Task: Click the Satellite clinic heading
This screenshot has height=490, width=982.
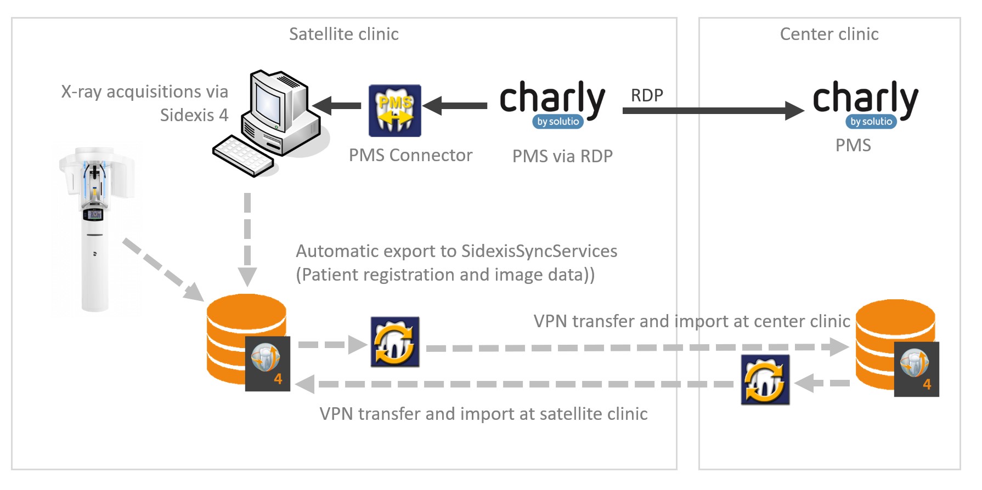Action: tap(343, 34)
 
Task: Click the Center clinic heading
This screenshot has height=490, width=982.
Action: tap(829, 34)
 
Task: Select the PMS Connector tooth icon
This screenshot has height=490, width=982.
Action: tap(394, 110)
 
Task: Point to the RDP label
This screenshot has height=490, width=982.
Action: tap(647, 95)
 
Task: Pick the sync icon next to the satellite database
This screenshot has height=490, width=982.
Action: tap(395, 341)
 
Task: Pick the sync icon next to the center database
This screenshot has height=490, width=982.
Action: tap(765, 380)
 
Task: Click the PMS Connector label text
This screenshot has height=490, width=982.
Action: tap(410, 156)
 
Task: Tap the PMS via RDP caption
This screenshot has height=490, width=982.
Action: tap(562, 156)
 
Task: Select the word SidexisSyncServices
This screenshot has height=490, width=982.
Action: tap(539, 251)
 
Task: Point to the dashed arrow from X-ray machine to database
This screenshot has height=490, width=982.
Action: tap(162, 269)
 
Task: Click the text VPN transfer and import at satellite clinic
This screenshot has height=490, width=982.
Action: tap(483, 414)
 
